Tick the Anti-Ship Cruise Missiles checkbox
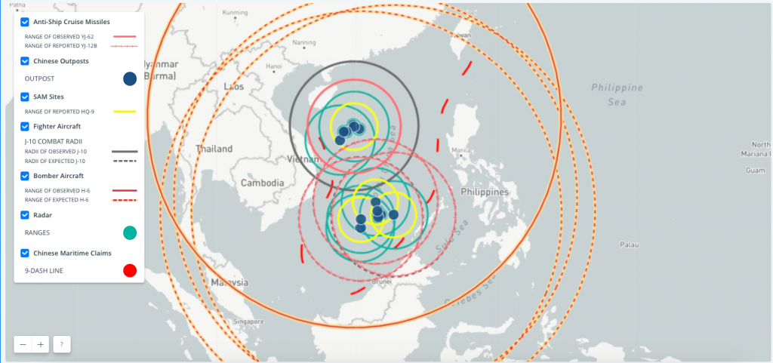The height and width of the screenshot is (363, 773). click(25, 22)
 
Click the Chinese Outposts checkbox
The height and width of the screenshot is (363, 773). click(25, 60)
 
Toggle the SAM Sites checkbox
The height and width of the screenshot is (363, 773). click(25, 97)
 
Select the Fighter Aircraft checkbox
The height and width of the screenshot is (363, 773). click(25, 126)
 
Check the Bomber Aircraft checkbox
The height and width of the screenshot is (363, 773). click(25, 176)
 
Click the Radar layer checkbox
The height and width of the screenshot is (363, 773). click(25, 215)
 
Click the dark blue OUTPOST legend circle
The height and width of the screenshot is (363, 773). click(129, 78)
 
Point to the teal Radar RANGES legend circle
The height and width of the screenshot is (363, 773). click(129, 233)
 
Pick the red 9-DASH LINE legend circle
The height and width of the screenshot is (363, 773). click(129, 270)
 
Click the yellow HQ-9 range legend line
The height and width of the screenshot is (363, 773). click(125, 112)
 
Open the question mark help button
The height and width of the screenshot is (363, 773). click(61, 344)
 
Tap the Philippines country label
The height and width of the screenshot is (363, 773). click(483, 192)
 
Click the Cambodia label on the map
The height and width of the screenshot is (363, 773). click(262, 183)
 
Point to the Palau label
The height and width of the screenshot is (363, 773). click(628, 245)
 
